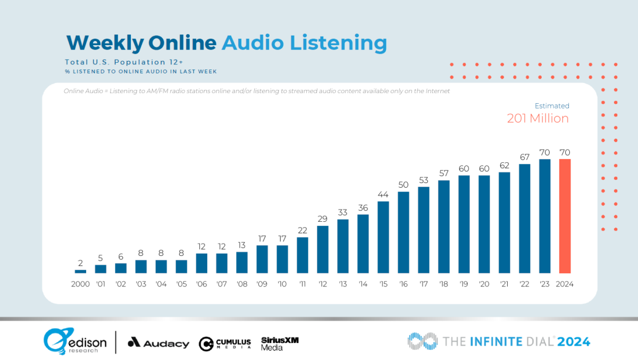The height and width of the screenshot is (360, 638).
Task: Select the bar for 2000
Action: (x=80, y=271)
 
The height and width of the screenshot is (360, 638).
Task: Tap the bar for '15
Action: (x=383, y=237)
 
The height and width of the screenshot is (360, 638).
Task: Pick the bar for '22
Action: (x=525, y=219)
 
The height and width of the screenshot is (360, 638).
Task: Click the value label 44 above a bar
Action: (x=383, y=195)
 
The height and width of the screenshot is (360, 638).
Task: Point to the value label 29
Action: (x=323, y=219)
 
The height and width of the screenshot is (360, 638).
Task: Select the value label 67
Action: (x=525, y=157)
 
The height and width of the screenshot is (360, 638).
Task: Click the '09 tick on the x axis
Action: (x=262, y=284)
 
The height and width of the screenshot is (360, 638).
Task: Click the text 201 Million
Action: (x=538, y=118)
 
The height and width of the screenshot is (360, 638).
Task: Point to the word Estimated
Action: (x=551, y=106)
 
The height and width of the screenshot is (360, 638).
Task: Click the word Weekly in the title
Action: (x=104, y=43)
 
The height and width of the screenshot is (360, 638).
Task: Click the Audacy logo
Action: (x=158, y=343)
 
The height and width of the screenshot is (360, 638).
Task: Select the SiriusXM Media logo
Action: (x=280, y=343)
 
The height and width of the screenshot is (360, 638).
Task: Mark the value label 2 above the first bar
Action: (x=80, y=263)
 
